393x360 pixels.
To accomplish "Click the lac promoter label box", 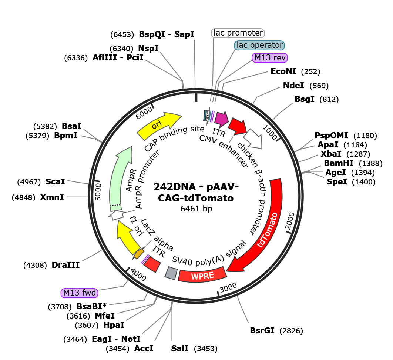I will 238,33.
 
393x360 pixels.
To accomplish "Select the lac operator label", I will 259,46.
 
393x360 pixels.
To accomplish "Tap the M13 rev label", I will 270,58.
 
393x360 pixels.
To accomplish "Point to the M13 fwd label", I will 80,293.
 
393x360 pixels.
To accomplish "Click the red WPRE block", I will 202,274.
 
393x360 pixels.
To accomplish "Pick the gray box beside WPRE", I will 171,273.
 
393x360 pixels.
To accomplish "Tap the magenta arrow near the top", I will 221,119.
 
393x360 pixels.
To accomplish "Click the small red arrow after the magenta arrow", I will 237,126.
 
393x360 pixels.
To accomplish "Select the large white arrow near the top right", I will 253,139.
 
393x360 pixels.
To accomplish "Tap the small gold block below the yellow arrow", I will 138,254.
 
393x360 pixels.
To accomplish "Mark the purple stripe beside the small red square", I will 145,259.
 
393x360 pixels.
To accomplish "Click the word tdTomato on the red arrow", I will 268,230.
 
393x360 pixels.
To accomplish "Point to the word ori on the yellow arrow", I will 157,126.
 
